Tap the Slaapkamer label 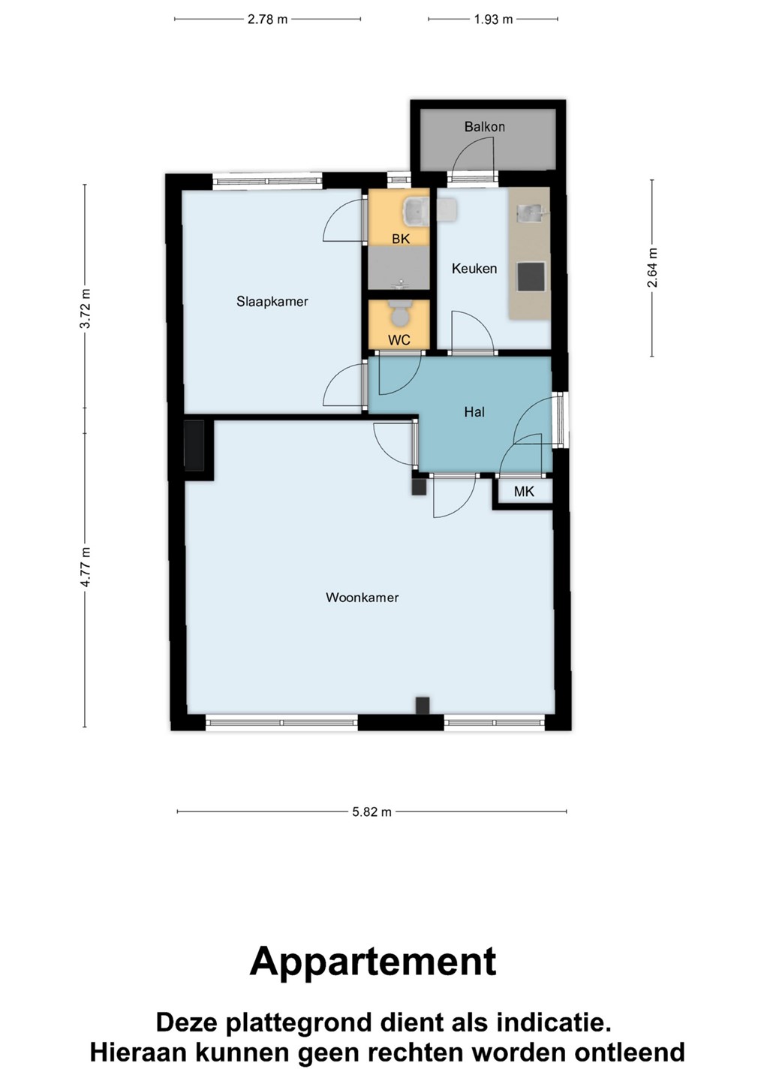[x=272, y=302]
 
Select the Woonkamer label [x=362, y=598]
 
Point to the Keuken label [x=474, y=268]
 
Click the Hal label [x=474, y=411]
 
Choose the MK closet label [x=524, y=491]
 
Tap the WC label [x=399, y=340]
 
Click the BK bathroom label [x=400, y=239]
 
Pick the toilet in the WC [x=399, y=314]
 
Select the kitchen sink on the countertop [x=531, y=213]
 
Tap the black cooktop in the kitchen [x=531, y=277]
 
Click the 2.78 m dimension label [x=267, y=20]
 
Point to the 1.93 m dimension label [x=493, y=20]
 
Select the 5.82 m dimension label [x=371, y=812]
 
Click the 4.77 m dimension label [x=86, y=567]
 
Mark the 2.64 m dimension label [x=652, y=267]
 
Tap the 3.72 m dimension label [x=86, y=309]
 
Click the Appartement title [x=373, y=962]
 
